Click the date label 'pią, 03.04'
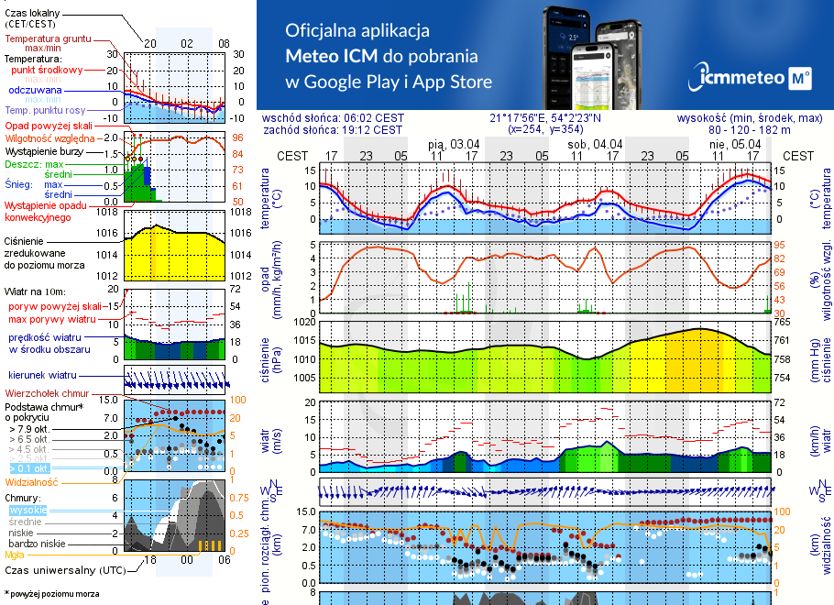pos(453,144)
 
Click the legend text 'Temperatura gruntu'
pos(48,40)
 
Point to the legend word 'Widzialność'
pos(32,481)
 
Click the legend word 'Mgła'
pos(15,555)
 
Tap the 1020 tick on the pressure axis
pos(305,323)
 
